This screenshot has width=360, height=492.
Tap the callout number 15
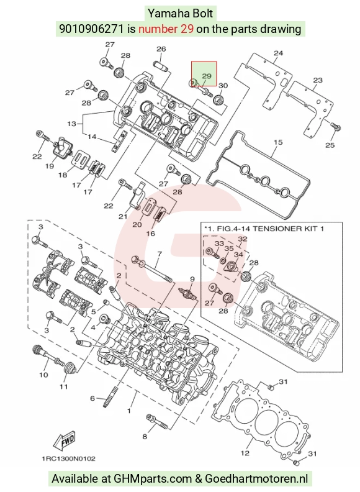coord(278,142)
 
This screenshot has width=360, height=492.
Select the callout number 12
coord(245,453)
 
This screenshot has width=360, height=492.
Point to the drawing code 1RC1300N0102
coord(69,458)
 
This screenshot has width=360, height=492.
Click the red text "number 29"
coord(166,29)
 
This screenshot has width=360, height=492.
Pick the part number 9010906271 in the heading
coord(92,29)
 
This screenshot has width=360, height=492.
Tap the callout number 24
coord(278,53)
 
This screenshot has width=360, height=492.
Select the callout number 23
coord(318,80)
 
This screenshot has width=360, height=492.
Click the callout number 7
coord(160,253)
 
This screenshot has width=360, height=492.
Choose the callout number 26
coord(161,49)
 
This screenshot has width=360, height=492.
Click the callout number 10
coord(43,375)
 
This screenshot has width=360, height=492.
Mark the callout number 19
coord(50,166)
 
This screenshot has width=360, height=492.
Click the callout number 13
coord(71,124)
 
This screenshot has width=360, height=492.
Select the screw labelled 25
coord(335,127)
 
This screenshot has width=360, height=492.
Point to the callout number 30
coord(223,86)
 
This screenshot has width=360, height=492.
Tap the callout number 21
coord(123,217)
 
